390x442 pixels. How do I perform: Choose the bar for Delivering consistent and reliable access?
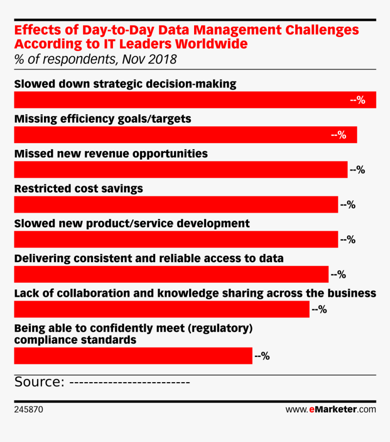click(x=171, y=275)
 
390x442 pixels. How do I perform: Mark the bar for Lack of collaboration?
click(x=161, y=310)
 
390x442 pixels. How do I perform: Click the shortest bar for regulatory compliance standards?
click(x=133, y=356)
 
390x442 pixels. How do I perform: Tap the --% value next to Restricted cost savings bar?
click(x=348, y=205)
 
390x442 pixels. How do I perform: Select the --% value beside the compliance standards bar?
click(x=262, y=356)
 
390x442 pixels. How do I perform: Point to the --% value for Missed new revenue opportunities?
click(x=357, y=170)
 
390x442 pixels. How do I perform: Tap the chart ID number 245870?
click(x=29, y=409)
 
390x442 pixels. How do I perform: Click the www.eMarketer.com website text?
click(x=331, y=409)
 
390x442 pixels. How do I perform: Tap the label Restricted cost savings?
click(x=78, y=189)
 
